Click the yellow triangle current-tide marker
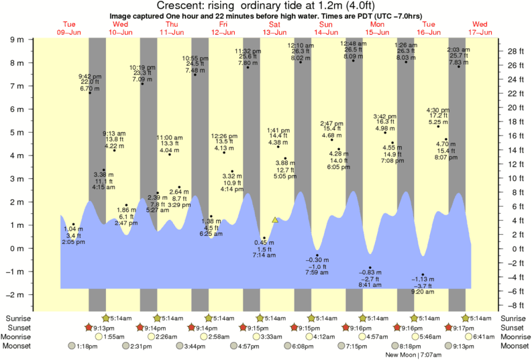[x=274, y=219]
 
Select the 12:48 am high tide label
[x=353, y=44]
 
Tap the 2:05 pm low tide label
[x=73, y=241]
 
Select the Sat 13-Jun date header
[x=274, y=28]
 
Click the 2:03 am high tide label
[x=459, y=50]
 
